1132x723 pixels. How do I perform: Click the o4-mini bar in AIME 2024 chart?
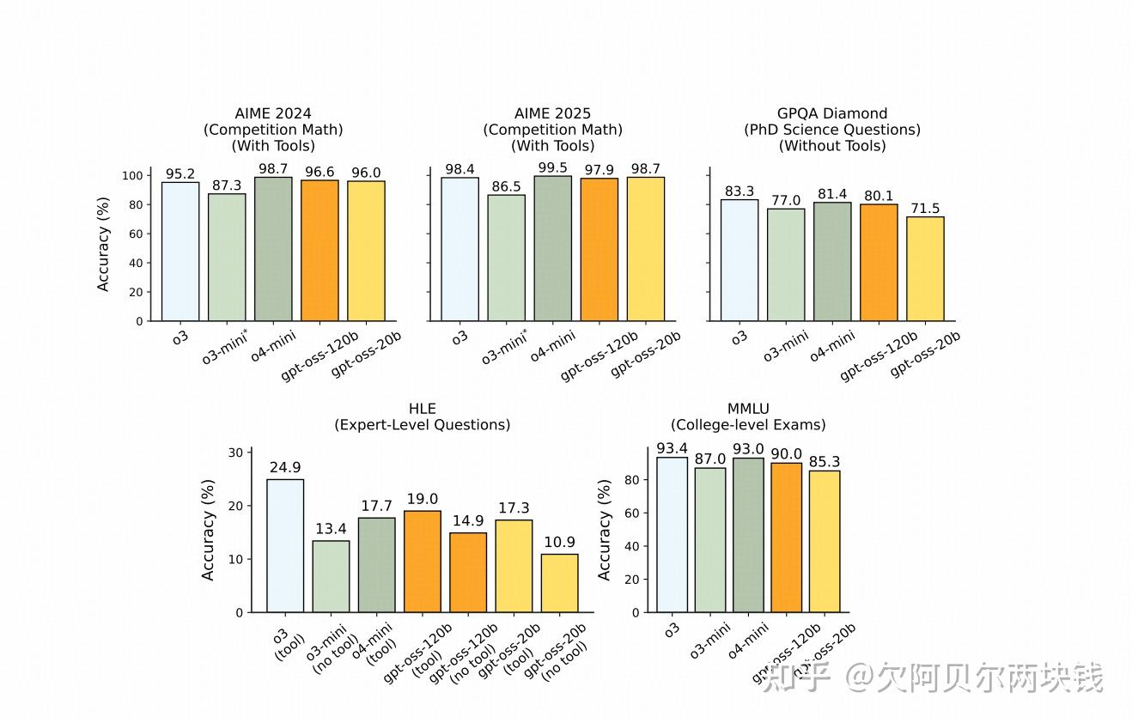point(273,249)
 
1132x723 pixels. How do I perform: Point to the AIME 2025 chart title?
point(552,130)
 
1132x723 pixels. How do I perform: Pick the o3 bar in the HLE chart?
point(285,545)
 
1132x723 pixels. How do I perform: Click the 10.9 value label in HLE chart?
point(559,544)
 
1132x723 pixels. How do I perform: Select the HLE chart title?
point(422,416)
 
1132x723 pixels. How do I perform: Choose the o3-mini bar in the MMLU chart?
point(709,540)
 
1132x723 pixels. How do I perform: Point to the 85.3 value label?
point(825,462)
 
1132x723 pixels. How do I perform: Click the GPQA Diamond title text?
point(832,130)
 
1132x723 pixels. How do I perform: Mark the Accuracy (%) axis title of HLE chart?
point(209,530)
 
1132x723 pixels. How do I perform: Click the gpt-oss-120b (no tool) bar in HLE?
point(468,572)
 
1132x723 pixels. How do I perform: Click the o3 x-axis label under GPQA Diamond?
point(739,337)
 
